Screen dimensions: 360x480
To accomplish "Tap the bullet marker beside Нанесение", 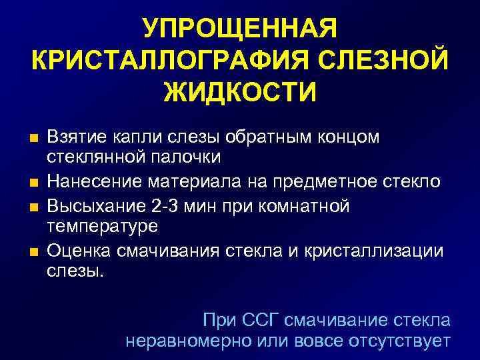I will (x=35, y=182).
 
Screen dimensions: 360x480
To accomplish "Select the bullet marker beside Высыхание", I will (x=35, y=205).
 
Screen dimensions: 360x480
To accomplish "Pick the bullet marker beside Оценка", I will (x=35, y=250).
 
